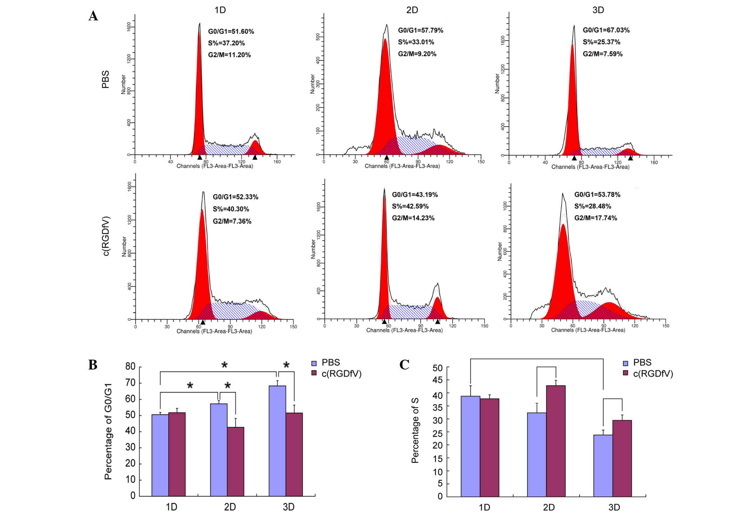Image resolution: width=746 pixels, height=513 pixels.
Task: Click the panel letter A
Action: point(93,16)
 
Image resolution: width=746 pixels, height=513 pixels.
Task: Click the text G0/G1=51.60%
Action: point(231,32)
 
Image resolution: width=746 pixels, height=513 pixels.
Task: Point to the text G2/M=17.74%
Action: point(595,218)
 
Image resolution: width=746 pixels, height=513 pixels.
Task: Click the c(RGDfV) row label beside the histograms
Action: point(106,236)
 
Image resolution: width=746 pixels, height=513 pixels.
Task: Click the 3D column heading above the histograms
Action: point(598,10)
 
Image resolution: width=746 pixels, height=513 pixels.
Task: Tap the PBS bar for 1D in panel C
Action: point(471,446)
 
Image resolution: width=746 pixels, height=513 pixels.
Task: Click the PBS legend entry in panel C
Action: point(637,362)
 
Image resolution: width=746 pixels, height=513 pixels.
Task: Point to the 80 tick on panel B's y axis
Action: point(130,367)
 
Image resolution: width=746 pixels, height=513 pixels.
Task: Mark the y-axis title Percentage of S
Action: point(415,430)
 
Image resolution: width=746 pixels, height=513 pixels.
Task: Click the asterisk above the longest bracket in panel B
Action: point(225,365)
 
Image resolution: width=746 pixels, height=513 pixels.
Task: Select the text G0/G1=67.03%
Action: point(606,30)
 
